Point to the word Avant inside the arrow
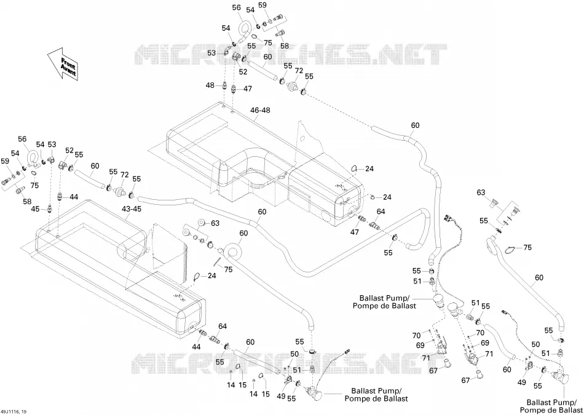[68, 70]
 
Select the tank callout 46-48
[260, 110]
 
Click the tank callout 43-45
[131, 209]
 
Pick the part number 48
[210, 85]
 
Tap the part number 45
[35, 209]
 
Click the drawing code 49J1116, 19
[14, 411]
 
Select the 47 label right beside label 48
[248, 89]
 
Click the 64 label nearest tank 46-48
[381, 211]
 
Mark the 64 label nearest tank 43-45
[223, 326]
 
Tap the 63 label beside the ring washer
[215, 223]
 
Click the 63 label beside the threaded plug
[481, 192]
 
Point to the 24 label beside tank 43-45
[211, 276]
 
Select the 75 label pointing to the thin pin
[228, 269]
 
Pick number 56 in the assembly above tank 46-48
[237, 7]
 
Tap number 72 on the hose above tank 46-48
[299, 71]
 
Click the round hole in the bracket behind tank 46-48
[303, 138]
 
